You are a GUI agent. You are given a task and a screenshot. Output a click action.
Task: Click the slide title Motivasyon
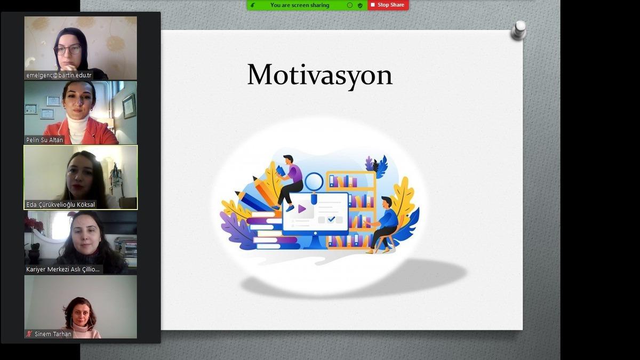click(319, 75)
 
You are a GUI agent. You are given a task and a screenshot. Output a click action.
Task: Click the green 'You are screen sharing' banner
click(300, 5)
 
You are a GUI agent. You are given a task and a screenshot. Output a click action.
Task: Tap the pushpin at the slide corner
click(518, 30)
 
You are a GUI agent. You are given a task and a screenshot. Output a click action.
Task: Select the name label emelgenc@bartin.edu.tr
click(59, 75)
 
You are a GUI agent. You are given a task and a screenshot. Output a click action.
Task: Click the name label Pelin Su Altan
click(45, 140)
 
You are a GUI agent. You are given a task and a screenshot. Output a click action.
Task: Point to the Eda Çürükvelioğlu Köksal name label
click(61, 204)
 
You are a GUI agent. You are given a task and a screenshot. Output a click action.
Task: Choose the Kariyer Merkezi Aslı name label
click(63, 269)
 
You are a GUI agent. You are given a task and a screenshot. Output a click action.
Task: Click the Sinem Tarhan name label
click(53, 334)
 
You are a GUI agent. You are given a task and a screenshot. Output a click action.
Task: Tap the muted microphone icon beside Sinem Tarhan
click(29, 334)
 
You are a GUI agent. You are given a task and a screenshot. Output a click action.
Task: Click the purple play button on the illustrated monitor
click(302, 209)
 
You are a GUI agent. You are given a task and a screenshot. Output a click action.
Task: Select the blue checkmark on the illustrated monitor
click(332, 219)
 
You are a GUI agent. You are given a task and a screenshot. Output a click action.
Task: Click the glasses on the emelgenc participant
click(68, 50)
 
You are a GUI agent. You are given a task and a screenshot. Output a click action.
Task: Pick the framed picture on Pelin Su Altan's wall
click(129, 105)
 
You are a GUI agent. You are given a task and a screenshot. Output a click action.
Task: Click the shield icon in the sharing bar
click(360, 5)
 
